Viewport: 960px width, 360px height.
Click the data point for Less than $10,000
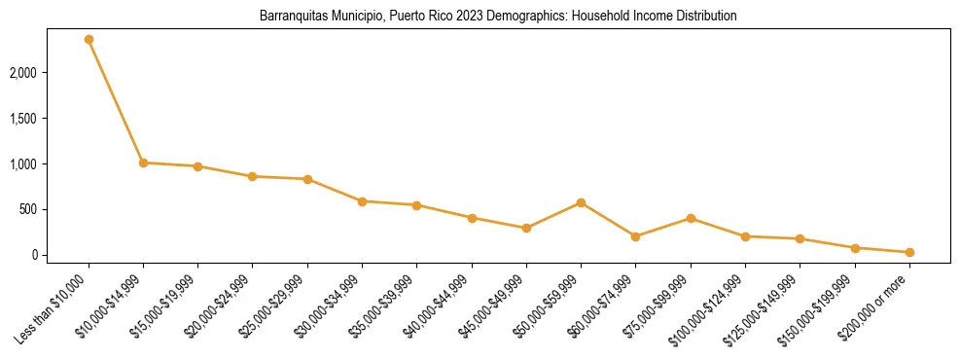point(89,40)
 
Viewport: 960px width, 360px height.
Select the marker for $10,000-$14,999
point(143,162)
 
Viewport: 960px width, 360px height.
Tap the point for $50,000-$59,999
point(581,202)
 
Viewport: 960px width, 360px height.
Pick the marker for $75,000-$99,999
point(691,218)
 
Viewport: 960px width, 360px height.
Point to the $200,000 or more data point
point(909,252)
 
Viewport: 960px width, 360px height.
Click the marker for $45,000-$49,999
point(526,229)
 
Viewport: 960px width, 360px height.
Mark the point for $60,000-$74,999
point(635,236)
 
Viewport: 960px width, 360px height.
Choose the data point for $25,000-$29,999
point(307,179)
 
